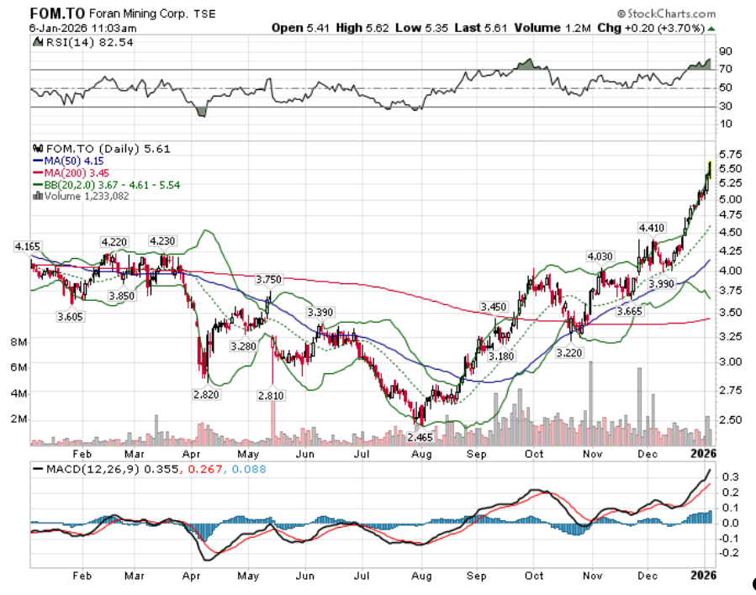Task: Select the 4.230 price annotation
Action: (162, 241)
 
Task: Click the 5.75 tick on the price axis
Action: (729, 155)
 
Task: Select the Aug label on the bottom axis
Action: (420, 577)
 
